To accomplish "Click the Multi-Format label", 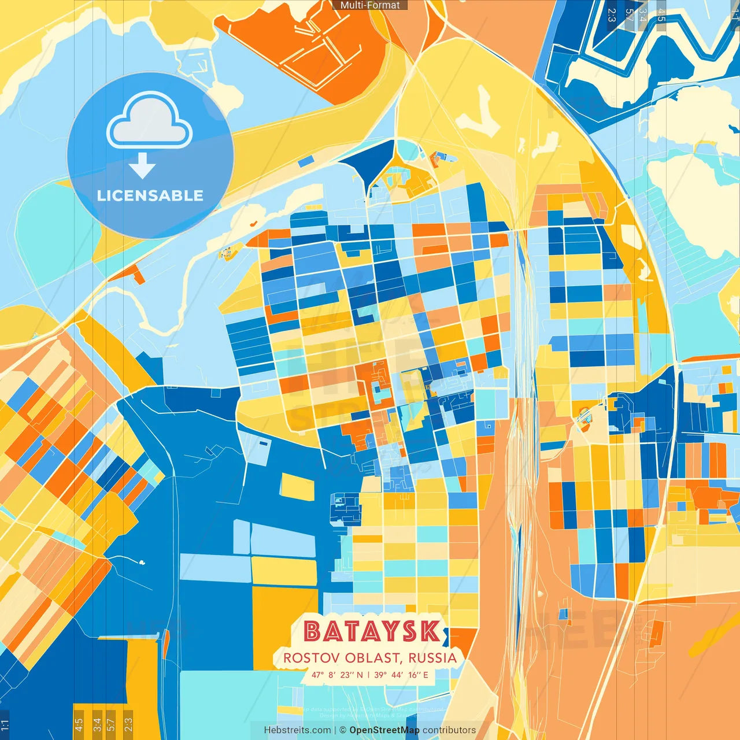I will tap(370, 5).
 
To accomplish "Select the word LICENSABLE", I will tap(150, 195).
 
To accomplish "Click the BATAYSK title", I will tap(372, 631).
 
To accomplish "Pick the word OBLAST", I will tap(373, 658).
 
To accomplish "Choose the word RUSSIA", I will tap(433, 658).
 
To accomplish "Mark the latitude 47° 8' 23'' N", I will tap(338, 675).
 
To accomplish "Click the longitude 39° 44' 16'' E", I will tap(401, 675).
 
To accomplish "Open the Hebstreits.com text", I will tap(297, 730).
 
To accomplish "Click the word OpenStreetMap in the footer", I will tap(384, 730).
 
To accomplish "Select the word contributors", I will tap(449, 730).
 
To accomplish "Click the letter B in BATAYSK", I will tap(312, 631).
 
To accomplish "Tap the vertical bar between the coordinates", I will tap(369, 675).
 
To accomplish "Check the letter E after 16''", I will tap(425, 675).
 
